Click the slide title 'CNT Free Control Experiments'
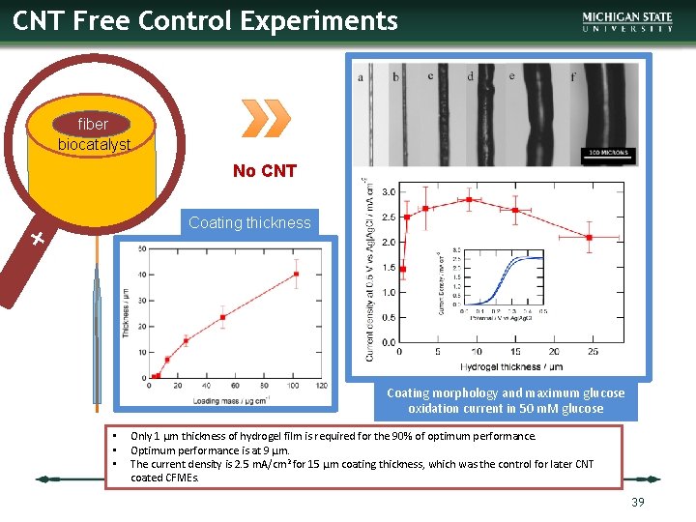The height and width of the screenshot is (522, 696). pyautogui.click(x=205, y=21)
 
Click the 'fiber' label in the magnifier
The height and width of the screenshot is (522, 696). pyautogui.click(x=93, y=124)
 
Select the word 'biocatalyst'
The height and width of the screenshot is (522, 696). pyautogui.click(x=92, y=144)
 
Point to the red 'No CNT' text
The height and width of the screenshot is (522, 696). pyautogui.click(x=264, y=171)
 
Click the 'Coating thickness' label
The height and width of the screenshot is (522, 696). pyautogui.click(x=249, y=222)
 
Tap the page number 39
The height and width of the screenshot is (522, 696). pyautogui.click(x=637, y=502)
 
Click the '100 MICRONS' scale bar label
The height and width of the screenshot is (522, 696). pyautogui.click(x=608, y=154)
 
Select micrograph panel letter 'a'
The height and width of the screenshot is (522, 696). pyautogui.click(x=361, y=77)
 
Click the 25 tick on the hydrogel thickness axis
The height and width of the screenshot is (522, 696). pyautogui.click(x=592, y=352)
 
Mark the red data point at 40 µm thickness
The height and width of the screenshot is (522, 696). pyautogui.click(x=296, y=274)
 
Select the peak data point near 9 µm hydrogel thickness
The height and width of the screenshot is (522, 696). pyautogui.click(x=469, y=200)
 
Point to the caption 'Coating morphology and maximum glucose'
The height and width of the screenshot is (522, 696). pyautogui.click(x=506, y=392)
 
